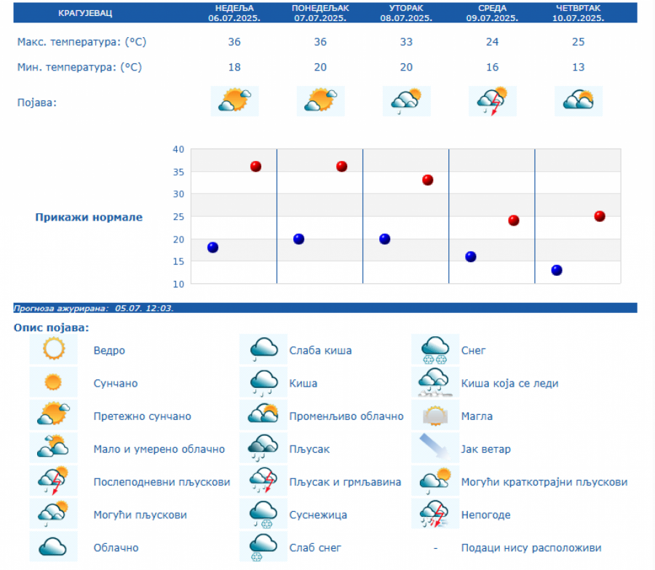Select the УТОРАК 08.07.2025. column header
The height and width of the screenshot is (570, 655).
click(x=406, y=12)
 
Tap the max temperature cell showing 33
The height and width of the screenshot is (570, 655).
click(x=406, y=42)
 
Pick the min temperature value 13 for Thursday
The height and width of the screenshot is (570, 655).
click(x=578, y=68)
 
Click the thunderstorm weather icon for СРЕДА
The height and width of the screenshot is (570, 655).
click(x=492, y=101)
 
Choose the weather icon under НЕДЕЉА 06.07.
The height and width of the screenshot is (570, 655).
click(x=234, y=100)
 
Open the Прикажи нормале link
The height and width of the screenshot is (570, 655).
click(x=89, y=217)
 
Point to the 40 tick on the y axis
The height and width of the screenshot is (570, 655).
click(x=178, y=149)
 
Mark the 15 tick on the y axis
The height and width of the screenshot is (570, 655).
click(x=178, y=261)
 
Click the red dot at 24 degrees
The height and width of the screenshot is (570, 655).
click(x=514, y=221)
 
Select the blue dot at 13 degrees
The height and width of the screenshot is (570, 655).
click(x=557, y=270)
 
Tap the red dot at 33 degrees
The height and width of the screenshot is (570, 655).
click(x=428, y=180)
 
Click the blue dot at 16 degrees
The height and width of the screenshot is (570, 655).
click(x=471, y=256)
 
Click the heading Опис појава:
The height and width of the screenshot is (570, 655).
click(x=51, y=328)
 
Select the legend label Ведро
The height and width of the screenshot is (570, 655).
click(x=109, y=350)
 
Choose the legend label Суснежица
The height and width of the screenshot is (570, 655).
click(x=318, y=515)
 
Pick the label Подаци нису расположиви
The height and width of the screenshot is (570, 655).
click(x=531, y=547)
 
